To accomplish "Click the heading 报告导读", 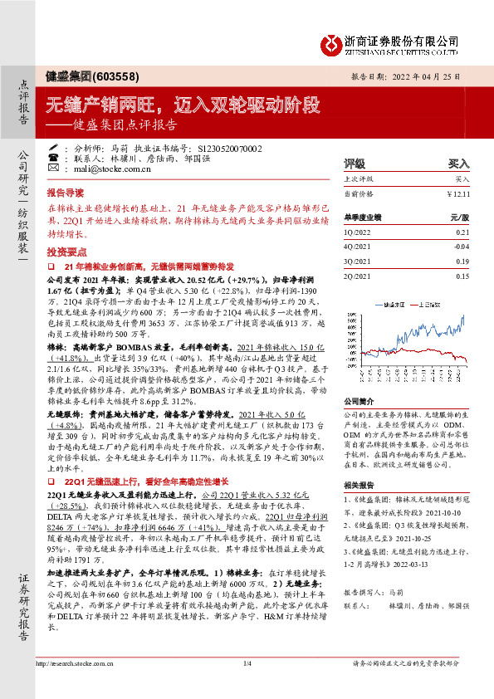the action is pyautogui.click(x=65, y=191).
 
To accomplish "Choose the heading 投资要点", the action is pyautogui.click(x=65, y=250).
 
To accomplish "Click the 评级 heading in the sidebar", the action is pyautogui.click(x=355, y=164).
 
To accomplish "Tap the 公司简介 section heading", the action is pyautogui.click(x=360, y=400).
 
